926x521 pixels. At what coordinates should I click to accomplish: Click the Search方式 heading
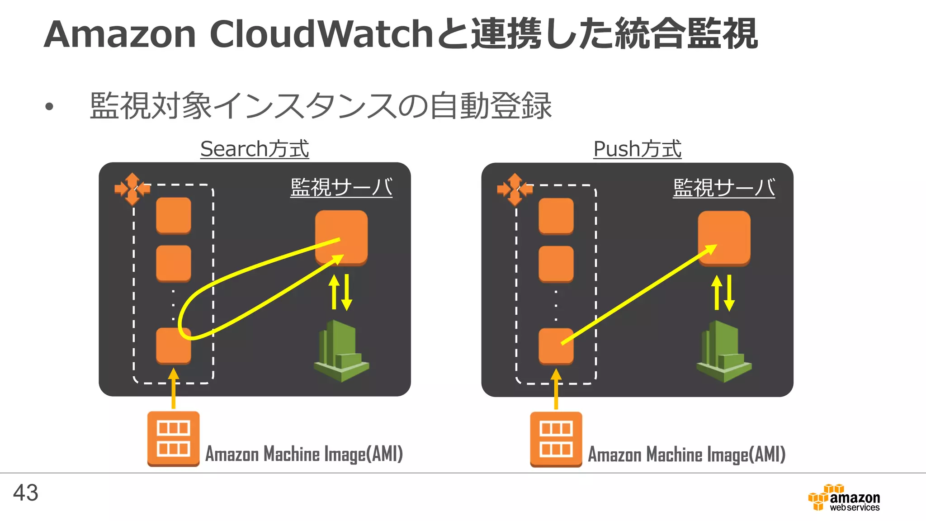point(255,149)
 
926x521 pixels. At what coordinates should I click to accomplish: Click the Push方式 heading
point(637,149)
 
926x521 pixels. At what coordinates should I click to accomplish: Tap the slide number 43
point(26,493)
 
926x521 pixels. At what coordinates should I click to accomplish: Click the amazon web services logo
point(844,498)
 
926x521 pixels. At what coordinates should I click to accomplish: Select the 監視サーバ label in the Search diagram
point(341,187)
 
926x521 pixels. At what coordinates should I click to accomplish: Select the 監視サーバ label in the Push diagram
point(723,188)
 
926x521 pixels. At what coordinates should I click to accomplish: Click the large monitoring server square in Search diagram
point(341,237)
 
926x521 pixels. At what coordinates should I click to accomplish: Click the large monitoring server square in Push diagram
point(724,237)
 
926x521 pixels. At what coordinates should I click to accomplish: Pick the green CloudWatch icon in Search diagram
point(341,351)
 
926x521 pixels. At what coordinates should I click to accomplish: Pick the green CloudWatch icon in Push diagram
point(724,351)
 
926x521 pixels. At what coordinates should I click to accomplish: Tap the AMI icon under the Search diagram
point(173,438)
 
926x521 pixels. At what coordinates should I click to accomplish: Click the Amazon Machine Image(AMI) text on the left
point(304,454)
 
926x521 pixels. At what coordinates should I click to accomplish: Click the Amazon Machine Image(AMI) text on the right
point(686,455)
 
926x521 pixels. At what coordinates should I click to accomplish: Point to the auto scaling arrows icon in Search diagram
point(132,189)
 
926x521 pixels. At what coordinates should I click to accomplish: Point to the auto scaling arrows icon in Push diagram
point(515,189)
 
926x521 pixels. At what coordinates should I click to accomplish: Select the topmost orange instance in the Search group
point(173,215)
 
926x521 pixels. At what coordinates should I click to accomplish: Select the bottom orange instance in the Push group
point(556,346)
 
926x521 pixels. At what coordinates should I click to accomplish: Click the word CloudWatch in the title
point(321,34)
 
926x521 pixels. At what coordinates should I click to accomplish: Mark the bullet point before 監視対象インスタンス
point(49,107)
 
